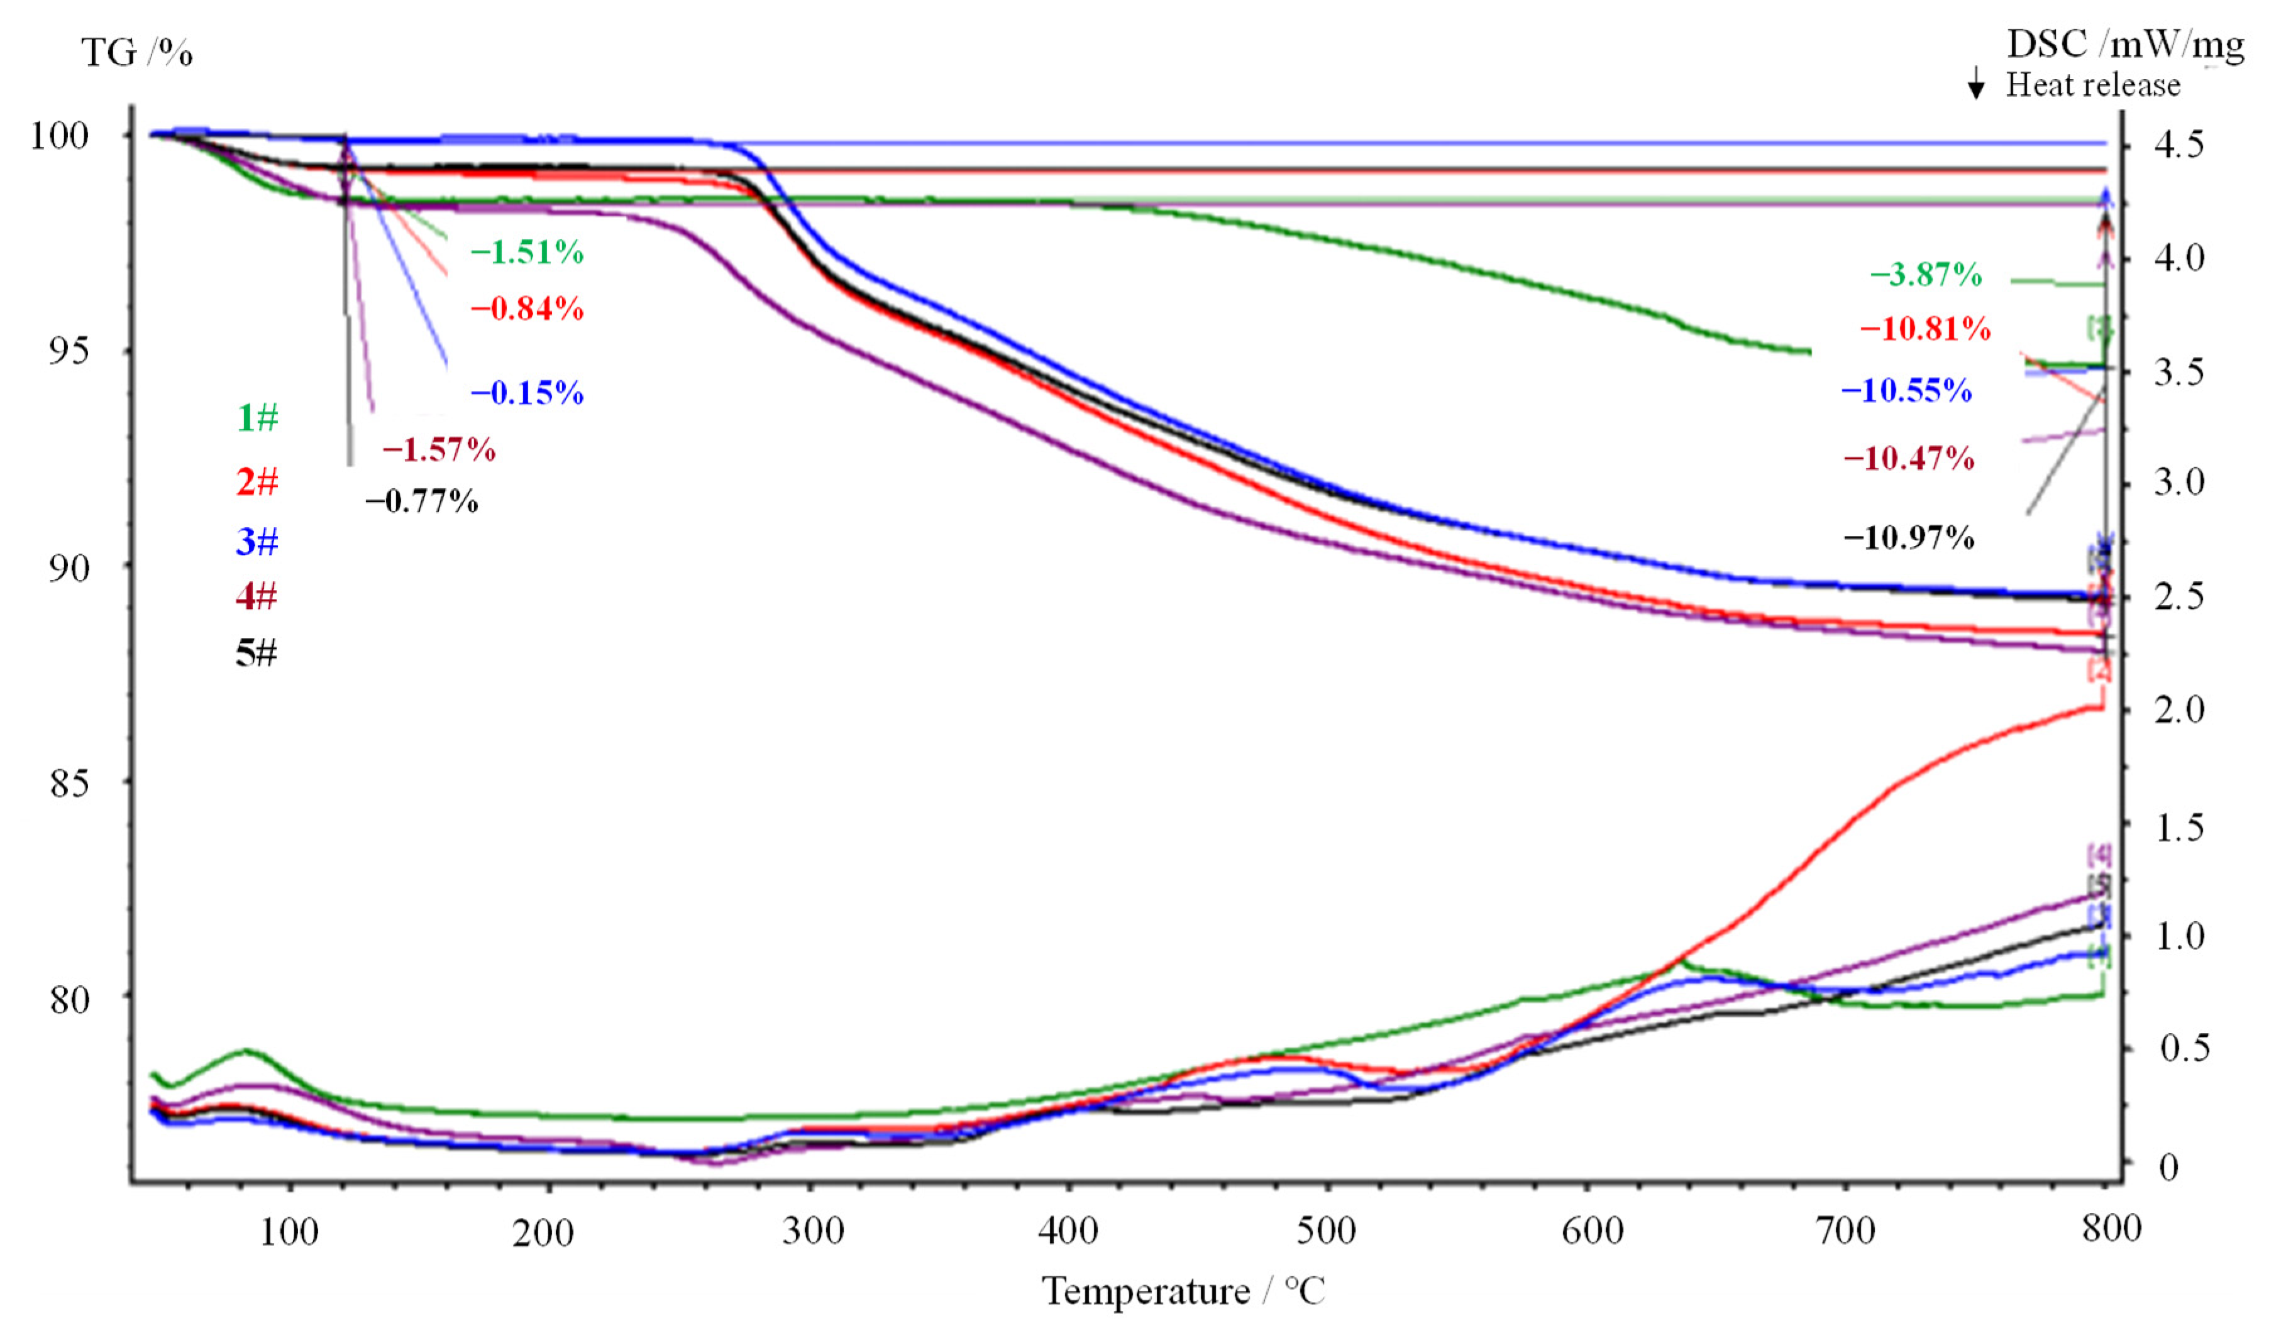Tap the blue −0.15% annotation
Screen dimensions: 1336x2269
click(x=527, y=393)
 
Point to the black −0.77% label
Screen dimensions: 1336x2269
click(x=421, y=501)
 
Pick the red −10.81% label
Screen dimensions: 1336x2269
click(x=1925, y=329)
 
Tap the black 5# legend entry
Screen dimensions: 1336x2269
click(x=257, y=653)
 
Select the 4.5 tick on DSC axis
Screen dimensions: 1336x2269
click(x=2179, y=144)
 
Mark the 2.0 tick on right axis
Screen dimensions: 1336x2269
click(x=2179, y=709)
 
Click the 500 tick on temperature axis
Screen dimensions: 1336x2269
click(x=1327, y=1230)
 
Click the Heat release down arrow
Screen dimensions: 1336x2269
click(x=1977, y=83)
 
